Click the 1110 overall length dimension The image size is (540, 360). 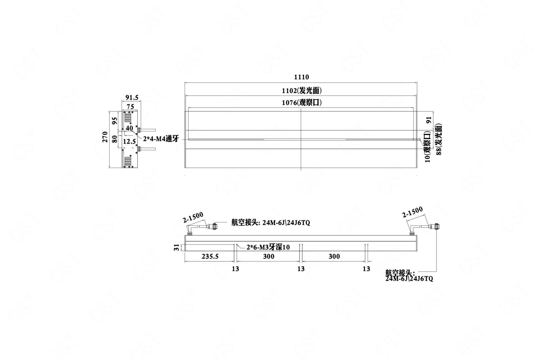[x=301, y=77]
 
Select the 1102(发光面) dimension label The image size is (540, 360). [x=302, y=91]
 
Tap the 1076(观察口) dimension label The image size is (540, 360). [x=302, y=103]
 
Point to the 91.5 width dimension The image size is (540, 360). [x=132, y=98]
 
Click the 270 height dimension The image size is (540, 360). [x=105, y=137]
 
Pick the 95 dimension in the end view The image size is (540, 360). [x=115, y=121]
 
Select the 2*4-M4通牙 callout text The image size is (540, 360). [x=161, y=139]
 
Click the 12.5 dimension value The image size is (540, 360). [x=129, y=142]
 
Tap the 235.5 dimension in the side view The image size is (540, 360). [x=210, y=256]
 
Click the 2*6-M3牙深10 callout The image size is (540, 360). [x=268, y=247]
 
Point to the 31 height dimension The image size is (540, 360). [x=177, y=247]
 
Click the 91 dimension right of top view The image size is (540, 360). [x=429, y=120]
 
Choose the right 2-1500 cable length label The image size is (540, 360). [x=413, y=212]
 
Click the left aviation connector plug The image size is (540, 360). [x=212, y=226]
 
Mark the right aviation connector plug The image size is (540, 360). [x=435, y=226]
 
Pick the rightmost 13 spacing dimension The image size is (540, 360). [x=367, y=269]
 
